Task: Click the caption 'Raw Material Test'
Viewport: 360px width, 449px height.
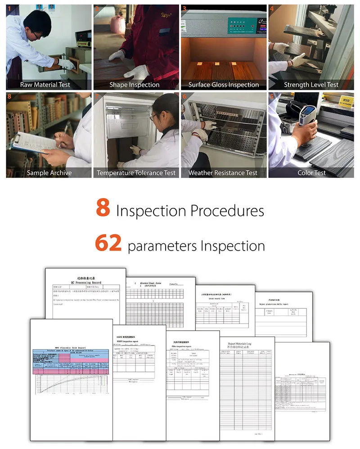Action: (45, 85)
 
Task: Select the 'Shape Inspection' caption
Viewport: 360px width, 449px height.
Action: (134, 85)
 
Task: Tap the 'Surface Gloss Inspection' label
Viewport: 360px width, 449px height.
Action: (224, 85)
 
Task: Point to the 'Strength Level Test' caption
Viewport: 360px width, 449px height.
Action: (311, 85)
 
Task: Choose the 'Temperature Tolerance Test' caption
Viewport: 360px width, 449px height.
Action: (136, 173)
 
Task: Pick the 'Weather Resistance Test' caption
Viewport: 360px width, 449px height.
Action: (223, 173)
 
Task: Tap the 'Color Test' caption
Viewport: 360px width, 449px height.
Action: (311, 173)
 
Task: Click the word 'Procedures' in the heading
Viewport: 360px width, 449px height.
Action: (227, 211)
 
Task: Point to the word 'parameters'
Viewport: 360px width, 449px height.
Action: (162, 246)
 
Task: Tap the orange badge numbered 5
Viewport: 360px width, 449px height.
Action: (271, 97)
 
